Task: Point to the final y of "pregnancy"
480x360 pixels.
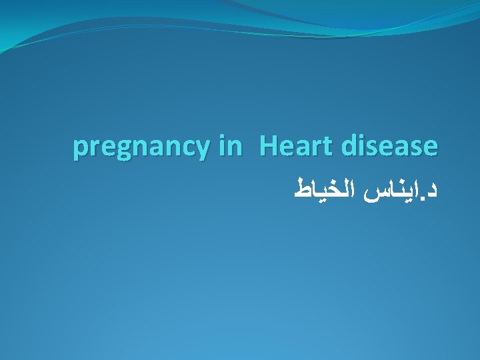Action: pyautogui.click(x=202, y=149)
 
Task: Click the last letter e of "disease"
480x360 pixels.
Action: pyautogui.click(x=431, y=147)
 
